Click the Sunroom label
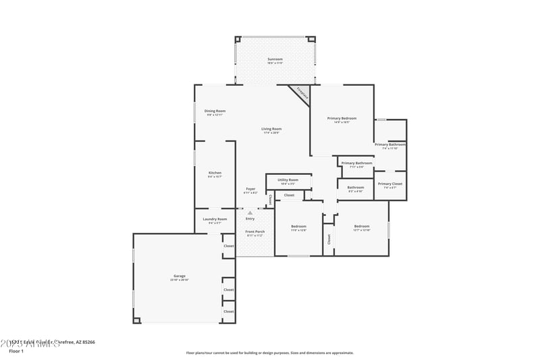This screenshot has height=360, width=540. point(275,59)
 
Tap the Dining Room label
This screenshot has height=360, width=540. point(215,111)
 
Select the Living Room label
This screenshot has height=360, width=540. point(272,129)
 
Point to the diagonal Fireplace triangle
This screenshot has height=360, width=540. point(301,93)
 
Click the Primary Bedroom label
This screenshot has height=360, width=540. point(342,119)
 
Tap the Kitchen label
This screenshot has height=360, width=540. point(215,173)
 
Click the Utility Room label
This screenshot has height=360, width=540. point(289,180)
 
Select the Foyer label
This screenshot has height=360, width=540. point(250,189)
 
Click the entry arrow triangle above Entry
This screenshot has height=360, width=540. point(250,213)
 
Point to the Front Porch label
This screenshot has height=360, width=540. point(254,232)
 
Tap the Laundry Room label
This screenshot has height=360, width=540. point(215,220)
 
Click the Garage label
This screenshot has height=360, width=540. point(180,276)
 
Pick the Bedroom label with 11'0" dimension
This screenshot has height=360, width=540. point(298,227)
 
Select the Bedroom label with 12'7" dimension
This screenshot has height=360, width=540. point(362,227)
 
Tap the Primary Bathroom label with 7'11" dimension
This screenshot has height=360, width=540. point(356,163)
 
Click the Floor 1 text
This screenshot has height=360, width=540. point(16,351)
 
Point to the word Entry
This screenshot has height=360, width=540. point(250,219)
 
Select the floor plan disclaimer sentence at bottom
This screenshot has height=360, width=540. point(270,353)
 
